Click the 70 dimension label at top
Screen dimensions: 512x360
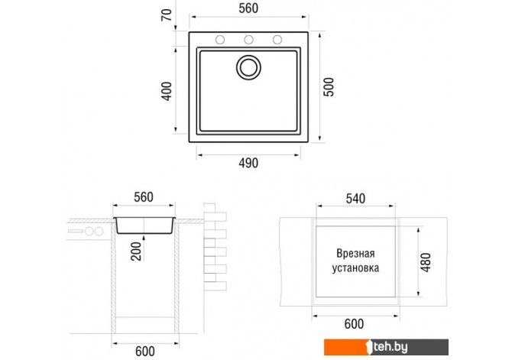(166, 15)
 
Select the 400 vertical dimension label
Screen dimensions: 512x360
(167, 91)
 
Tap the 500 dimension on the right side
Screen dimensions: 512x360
(329, 87)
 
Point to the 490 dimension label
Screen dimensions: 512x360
(248, 163)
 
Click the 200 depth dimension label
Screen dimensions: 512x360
(136, 251)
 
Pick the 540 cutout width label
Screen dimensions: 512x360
(355, 199)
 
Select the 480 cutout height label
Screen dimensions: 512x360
(426, 262)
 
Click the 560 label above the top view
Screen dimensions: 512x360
(248, 8)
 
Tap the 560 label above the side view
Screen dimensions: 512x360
(144, 197)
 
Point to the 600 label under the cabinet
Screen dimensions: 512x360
(145, 352)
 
